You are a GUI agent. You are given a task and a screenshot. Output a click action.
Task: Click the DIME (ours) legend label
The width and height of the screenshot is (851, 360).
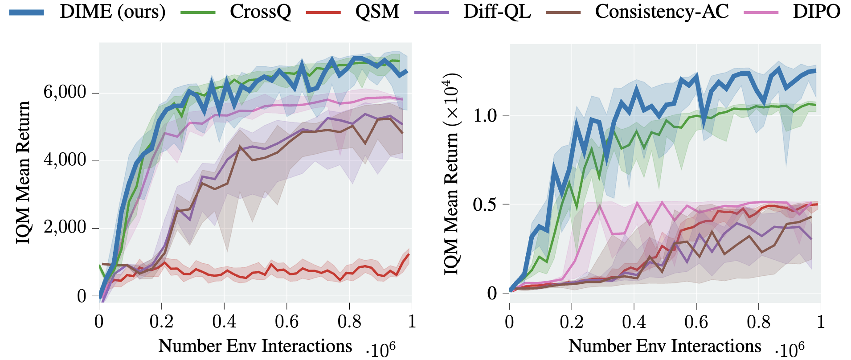point(112,12)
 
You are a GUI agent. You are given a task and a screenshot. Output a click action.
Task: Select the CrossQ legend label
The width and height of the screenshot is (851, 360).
point(260,12)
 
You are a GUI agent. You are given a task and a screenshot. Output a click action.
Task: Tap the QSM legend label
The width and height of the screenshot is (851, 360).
point(377,12)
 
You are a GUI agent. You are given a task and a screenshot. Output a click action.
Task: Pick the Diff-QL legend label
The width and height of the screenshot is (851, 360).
point(497,12)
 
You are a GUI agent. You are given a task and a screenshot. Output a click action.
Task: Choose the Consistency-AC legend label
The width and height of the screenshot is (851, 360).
point(662,12)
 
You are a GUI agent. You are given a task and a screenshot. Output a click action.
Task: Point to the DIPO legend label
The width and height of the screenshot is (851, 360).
point(816,12)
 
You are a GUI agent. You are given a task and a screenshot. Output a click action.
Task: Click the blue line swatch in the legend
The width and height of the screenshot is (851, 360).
point(27,12)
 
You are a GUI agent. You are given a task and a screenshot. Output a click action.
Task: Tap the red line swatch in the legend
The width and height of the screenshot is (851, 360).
point(323,12)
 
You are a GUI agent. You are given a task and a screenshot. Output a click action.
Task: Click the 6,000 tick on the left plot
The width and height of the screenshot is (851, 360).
point(65,92)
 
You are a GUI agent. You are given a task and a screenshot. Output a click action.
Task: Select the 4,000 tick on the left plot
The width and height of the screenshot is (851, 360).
point(65,160)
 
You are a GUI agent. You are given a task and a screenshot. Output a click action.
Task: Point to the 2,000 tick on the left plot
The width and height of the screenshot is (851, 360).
point(65,227)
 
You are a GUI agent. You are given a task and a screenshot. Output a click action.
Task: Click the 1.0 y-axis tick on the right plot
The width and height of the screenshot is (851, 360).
point(485,115)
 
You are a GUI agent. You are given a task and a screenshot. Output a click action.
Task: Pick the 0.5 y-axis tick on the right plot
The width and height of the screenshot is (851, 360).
point(485,205)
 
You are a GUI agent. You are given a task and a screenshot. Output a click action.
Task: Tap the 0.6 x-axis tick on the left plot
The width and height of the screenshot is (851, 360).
point(286,321)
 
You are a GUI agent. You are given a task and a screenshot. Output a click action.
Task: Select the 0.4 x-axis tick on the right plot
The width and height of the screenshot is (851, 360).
point(634,321)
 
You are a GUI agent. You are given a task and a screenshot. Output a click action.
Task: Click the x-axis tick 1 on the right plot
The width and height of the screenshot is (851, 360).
point(820,321)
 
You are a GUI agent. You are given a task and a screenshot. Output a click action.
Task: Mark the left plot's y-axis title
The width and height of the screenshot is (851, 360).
point(23,172)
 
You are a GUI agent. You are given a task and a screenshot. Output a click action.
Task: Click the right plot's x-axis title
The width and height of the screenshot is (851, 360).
point(665,346)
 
